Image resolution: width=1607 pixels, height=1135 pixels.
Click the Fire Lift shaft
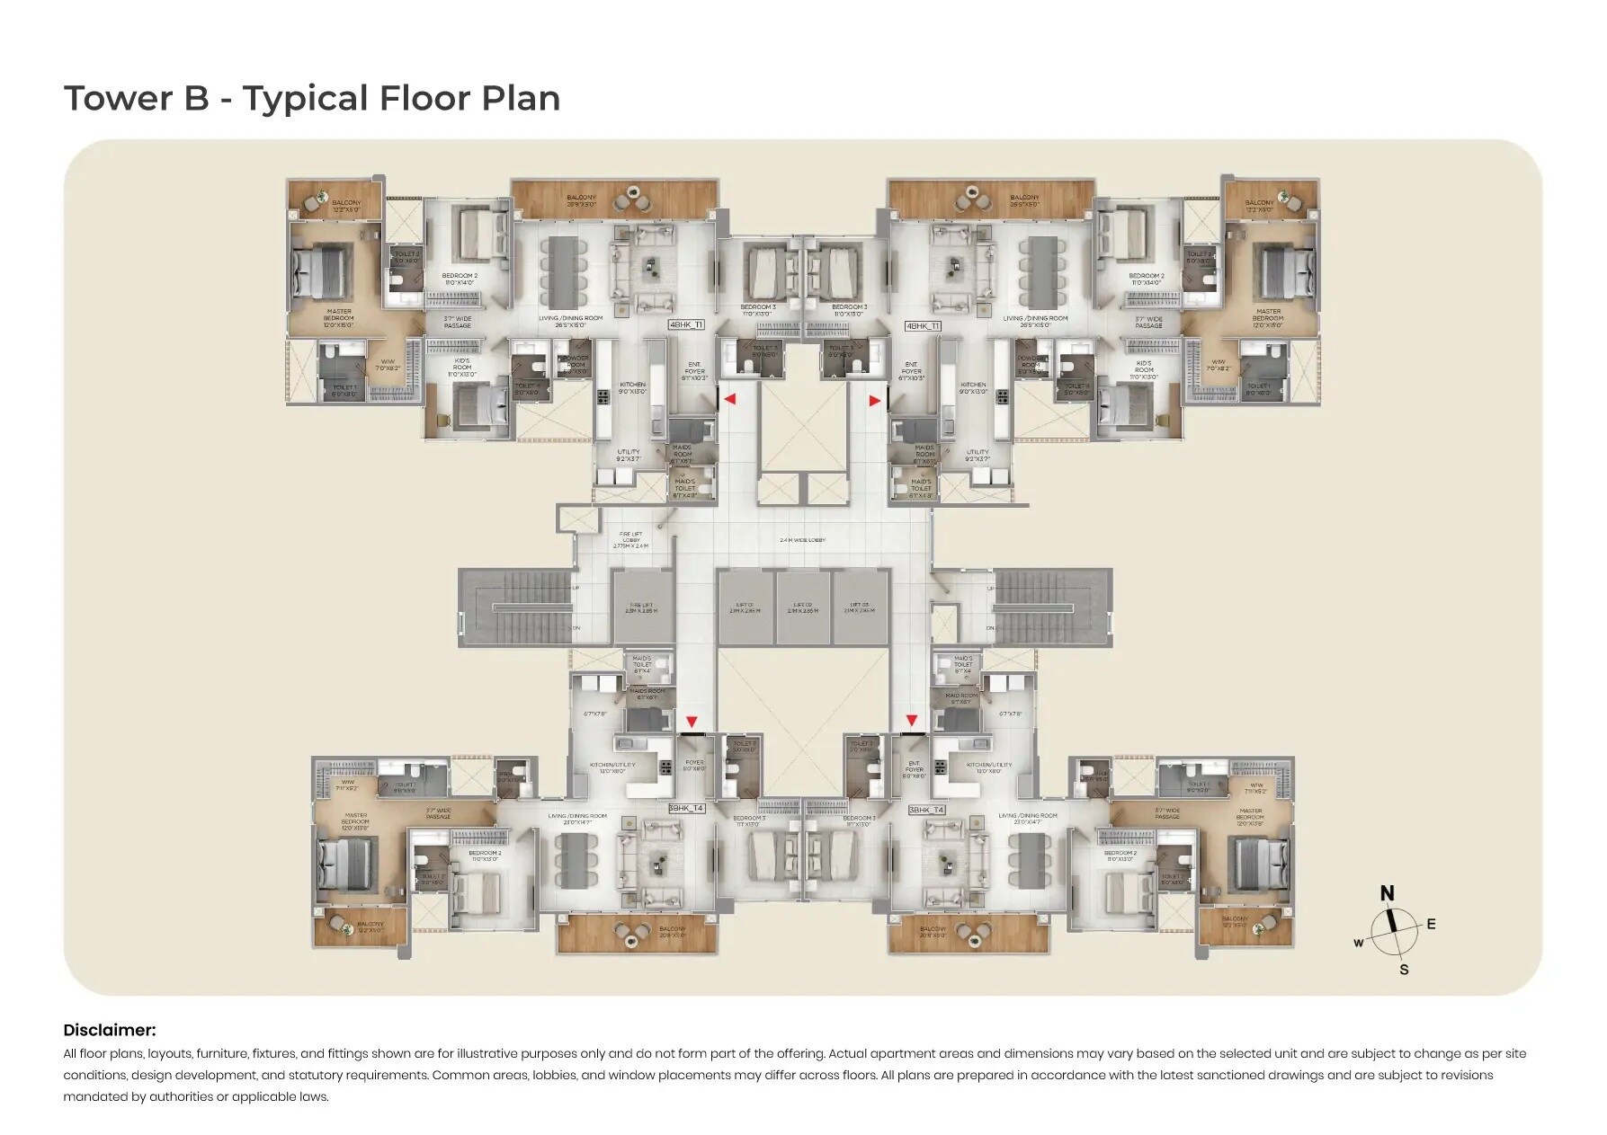tap(642, 607)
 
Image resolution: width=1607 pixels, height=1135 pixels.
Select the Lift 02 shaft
tap(802, 607)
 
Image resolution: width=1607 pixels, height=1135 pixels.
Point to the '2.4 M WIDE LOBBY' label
tap(802, 540)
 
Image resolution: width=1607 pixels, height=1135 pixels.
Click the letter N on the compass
tap(1387, 893)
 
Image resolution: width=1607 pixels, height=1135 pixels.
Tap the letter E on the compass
tap(1431, 924)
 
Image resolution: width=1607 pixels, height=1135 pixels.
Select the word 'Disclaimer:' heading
tap(109, 1030)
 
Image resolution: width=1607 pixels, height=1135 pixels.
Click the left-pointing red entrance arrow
tap(731, 398)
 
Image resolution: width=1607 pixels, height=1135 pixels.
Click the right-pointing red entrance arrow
tap(874, 402)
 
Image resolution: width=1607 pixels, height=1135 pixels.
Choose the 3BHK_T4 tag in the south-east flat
tap(926, 809)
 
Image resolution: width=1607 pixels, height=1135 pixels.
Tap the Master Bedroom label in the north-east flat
tap(1267, 317)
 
